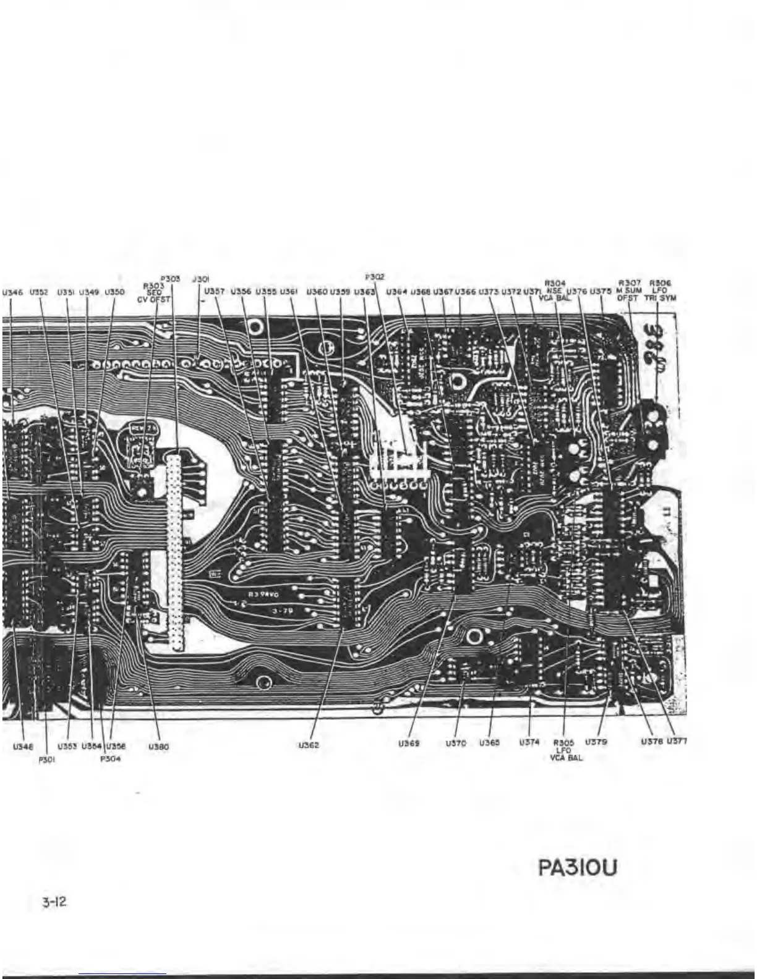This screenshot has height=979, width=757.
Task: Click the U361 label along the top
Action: [x=289, y=291]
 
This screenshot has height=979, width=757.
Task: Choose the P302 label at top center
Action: [x=375, y=278]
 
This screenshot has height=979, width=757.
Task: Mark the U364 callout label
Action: [x=396, y=291]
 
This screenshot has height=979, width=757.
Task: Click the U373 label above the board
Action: [x=489, y=291]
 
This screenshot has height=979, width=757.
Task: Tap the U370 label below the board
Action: [x=455, y=744]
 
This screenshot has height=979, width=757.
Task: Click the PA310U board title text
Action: [x=578, y=868]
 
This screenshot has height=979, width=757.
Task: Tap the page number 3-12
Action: [x=54, y=902]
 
